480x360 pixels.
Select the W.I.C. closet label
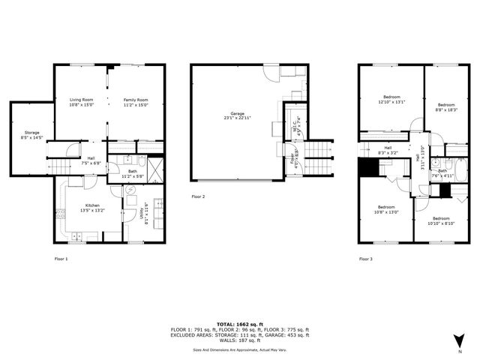[x=297, y=123]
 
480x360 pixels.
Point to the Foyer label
[x=292, y=160]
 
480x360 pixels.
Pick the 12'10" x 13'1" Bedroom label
[x=391, y=99]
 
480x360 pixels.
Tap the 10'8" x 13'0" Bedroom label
[x=385, y=210]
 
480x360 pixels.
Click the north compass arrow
[x=459, y=341]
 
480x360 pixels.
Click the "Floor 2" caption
[x=197, y=196]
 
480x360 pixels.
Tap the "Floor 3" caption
[x=365, y=258]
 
